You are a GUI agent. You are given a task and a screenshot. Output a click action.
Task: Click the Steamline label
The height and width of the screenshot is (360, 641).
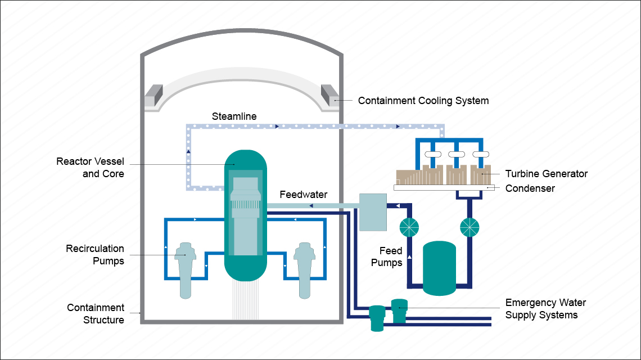click(x=234, y=116)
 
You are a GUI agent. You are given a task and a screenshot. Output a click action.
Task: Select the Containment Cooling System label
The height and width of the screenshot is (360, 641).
click(x=423, y=101)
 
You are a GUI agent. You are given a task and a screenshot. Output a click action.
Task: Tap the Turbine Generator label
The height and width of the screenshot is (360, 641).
click(x=546, y=174)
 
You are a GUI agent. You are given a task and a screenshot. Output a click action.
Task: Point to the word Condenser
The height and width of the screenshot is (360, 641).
click(x=530, y=188)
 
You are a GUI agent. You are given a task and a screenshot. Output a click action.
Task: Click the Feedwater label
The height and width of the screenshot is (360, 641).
click(x=304, y=195)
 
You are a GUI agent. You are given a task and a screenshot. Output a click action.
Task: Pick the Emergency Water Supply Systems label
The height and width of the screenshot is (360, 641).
click(x=545, y=309)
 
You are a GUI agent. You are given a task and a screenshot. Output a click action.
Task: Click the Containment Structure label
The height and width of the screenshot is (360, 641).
click(x=96, y=314)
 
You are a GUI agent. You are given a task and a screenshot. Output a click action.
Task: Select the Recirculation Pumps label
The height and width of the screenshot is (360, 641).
click(x=95, y=254)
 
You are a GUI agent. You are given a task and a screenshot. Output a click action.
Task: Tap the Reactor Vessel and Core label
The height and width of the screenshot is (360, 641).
click(x=90, y=168)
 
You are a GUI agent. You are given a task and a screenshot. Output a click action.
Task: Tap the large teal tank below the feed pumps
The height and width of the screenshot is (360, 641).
click(x=439, y=268)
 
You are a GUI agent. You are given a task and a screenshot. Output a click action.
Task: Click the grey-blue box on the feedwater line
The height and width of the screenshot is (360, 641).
click(x=373, y=212)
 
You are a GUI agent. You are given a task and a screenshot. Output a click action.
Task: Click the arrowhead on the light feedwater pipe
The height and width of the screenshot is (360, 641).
click(x=310, y=206)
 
